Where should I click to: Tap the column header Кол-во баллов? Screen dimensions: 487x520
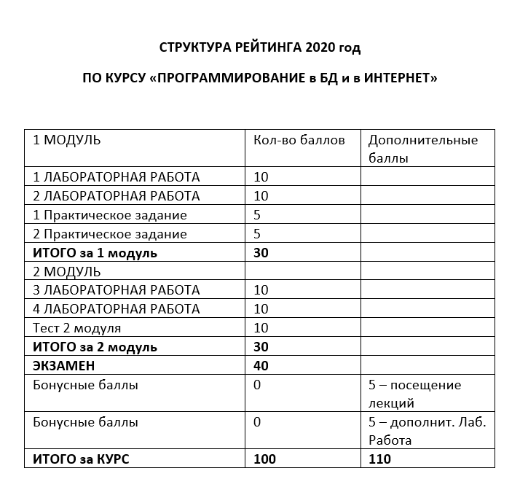[299, 140]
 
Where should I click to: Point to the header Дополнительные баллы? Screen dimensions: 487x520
[423, 148]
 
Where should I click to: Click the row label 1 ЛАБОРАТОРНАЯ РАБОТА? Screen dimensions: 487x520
[117, 177]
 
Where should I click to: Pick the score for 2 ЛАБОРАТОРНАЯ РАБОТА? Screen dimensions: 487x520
[261, 196]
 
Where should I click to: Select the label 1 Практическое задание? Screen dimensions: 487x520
[110, 215]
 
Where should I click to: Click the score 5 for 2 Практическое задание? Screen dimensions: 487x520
[257, 234]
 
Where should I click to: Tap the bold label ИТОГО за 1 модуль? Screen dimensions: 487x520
[95, 253]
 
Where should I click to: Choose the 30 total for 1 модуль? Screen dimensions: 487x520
[261, 253]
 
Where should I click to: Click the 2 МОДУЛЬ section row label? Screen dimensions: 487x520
[67, 272]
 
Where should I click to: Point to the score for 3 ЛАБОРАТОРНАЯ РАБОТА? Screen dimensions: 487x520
[261, 290]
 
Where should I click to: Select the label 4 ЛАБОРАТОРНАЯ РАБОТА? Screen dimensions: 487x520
[117, 309]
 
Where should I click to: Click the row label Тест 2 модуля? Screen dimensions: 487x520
[77, 328]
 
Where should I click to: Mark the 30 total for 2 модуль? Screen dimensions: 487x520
[261, 347]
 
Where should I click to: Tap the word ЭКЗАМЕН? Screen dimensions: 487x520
[65, 366]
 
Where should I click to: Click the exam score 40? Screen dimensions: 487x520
[261, 366]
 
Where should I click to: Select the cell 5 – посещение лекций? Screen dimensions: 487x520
[415, 394]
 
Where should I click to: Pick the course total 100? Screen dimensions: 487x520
[265, 459]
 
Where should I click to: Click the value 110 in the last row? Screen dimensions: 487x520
[380, 459]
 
